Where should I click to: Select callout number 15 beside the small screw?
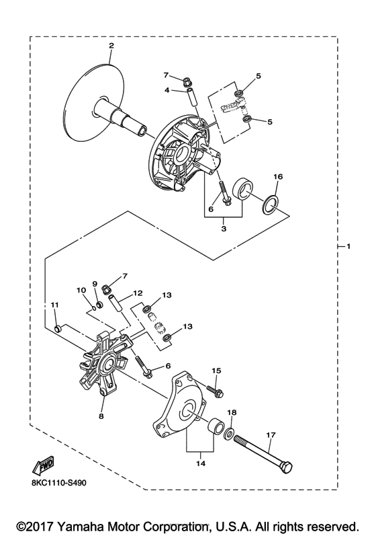(x=217, y=371)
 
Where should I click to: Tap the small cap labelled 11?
(x=57, y=329)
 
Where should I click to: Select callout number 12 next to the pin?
(x=138, y=293)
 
